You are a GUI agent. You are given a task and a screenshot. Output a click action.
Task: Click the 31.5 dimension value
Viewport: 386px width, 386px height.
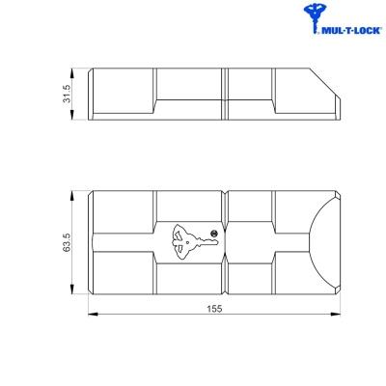(x=67, y=94)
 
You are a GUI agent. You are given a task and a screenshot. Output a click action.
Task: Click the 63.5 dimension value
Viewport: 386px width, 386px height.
(x=67, y=242)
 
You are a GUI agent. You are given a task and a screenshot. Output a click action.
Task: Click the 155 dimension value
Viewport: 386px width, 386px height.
(x=214, y=309)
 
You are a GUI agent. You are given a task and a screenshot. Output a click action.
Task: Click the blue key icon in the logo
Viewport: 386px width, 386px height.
(x=313, y=17)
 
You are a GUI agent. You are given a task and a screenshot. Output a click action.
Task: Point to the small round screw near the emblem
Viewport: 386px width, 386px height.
(x=213, y=234)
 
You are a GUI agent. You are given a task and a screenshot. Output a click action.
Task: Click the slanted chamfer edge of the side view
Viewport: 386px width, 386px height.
(x=324, y=83)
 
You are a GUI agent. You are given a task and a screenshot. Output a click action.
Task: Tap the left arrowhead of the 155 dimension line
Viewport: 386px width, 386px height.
(x=93, y=314)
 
